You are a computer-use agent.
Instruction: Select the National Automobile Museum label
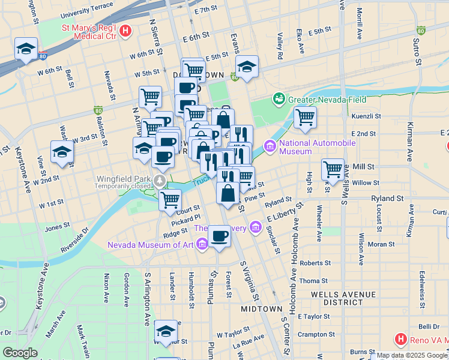[318, 147]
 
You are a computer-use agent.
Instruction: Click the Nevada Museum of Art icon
[201, 244]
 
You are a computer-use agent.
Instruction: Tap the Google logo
[20, 353]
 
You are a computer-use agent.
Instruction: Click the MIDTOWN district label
[262, 308]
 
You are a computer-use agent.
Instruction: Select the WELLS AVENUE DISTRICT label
[339, 299]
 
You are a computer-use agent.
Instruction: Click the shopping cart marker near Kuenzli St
[305, 118]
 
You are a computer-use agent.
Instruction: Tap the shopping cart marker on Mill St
[333, 169]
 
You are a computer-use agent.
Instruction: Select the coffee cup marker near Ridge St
[220, 236]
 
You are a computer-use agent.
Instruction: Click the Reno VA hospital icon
[400, 340]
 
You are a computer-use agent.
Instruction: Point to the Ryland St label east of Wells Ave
[387, 198]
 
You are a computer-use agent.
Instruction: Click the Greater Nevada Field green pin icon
[279, 98]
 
